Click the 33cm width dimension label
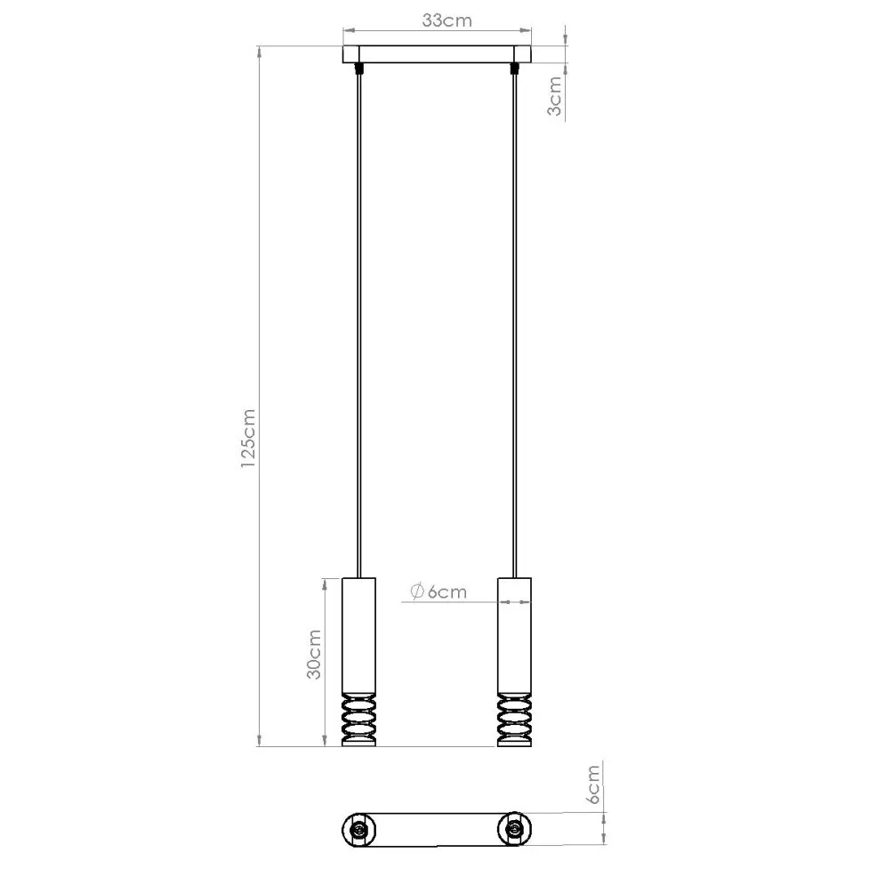click(446, 21)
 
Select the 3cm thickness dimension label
click(554, 96)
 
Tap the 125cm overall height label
click(248, 438)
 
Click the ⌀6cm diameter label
click(438, 591)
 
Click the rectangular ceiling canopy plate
click(437, 54)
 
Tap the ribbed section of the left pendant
click(358, 718)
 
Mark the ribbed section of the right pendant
click(514, 718)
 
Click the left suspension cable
click(358, 320)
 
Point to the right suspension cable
click(514, 320)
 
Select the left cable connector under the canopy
click(358, 68)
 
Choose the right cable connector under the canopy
click(514, 68)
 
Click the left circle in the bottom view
click(358, 829)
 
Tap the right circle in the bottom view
click(514, 829)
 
